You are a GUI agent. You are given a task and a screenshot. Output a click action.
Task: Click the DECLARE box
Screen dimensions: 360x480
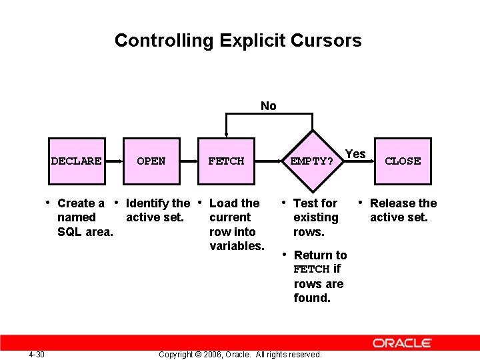76,161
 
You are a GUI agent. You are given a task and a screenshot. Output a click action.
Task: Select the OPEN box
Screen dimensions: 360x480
151,161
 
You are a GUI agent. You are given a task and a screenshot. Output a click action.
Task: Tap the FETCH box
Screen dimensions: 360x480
226,161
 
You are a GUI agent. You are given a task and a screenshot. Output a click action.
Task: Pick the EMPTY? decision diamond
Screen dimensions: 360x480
311,161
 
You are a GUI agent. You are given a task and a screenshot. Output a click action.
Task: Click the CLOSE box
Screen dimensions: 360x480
403,161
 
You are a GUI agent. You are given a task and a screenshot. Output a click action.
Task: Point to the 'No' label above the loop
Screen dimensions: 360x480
269,106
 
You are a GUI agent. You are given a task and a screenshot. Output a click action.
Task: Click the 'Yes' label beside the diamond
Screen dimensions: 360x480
355,154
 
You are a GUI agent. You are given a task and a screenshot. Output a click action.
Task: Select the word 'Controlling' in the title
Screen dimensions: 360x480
161,41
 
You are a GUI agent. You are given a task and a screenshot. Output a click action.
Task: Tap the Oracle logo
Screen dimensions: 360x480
402,343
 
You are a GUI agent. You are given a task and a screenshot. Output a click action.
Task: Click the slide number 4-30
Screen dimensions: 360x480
37,354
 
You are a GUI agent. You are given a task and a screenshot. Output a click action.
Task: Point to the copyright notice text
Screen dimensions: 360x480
240,354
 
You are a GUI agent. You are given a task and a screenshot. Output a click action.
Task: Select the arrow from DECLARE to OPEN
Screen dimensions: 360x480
113,161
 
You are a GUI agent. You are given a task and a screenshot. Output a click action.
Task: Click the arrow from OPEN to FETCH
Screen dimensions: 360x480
189,161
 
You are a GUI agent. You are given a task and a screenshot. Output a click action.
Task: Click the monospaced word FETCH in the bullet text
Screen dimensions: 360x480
312,269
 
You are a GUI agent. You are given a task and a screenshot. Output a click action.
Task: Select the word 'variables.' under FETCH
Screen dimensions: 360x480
237,246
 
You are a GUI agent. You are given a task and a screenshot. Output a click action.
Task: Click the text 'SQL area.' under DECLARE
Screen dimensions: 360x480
85,232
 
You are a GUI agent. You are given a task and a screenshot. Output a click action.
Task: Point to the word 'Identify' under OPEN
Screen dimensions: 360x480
147,203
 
